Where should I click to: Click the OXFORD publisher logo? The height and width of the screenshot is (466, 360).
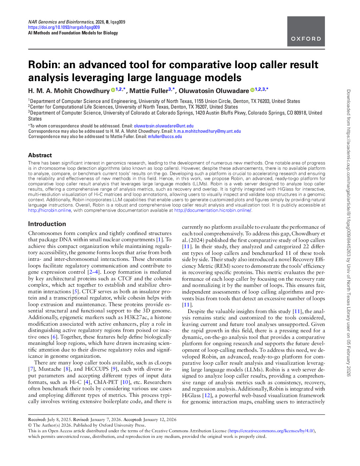pos(306,32)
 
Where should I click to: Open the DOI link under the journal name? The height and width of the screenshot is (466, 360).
pos(64,27)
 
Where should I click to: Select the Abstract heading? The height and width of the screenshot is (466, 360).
pos(40,155)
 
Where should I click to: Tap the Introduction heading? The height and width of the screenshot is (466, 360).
pos(47,224)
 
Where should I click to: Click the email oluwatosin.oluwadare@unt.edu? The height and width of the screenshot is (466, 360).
pos(164,126)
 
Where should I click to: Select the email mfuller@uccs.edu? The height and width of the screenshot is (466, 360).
pos(165,136)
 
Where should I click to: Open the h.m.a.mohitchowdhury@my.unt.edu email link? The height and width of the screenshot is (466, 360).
pos(207,131)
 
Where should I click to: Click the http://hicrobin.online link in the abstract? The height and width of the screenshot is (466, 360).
pos(49,210)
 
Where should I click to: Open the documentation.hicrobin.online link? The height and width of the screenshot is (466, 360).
pos(213,210)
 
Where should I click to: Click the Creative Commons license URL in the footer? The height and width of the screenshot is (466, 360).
pos(271,431)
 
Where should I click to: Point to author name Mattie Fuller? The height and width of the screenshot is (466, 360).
pos(149,91)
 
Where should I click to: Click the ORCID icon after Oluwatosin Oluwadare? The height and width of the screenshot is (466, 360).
pos(252,90)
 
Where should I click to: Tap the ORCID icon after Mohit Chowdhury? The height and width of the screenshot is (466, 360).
pos(113,90)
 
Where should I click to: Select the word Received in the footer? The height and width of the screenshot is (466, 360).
pos(37,419)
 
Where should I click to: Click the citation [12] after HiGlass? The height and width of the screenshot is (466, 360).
pos(207,395)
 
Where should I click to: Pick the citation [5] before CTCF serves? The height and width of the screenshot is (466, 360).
pos(76,292)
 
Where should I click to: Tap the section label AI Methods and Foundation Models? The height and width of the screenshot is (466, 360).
pos(73,33)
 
